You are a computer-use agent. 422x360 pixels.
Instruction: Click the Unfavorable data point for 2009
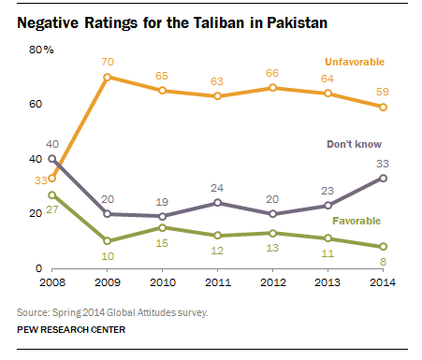[108, 77]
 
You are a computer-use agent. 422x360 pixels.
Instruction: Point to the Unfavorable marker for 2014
[383, 107]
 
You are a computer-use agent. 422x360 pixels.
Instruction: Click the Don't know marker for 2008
[51, 158]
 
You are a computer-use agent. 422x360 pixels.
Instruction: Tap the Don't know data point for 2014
[383, 178]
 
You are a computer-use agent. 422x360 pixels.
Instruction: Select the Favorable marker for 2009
[108, 240]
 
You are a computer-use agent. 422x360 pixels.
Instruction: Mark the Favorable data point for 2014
[383, 246]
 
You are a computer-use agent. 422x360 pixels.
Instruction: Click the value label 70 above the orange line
[108, 62]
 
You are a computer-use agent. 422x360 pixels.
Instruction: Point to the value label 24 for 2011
[218, 187]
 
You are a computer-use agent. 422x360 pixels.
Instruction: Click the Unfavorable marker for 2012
[273, 88]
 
